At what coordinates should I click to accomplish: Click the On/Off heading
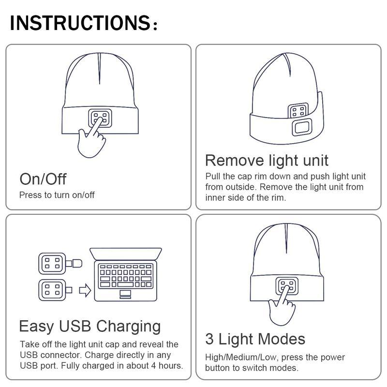pos(43,179)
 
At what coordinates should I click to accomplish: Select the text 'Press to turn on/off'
pos(57,195)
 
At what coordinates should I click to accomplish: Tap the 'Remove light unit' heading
pos(267,160)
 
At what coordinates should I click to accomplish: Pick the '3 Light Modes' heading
pos(255,339)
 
